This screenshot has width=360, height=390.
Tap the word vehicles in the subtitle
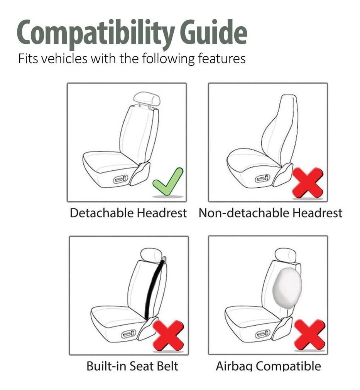click(64, 59)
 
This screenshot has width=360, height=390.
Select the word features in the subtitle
click(222, 59)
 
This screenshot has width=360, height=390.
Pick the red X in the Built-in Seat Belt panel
click(169, 336)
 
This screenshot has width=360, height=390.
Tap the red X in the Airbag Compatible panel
click(310, 335)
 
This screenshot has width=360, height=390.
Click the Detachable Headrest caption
click(128, 213)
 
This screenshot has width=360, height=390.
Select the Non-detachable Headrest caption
click(270, 213)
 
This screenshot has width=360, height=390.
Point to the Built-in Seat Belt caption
click(132, 366)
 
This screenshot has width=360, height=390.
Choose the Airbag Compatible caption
click(269, 366)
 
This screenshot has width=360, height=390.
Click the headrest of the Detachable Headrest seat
click(147, 99)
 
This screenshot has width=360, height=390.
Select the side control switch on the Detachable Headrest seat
click(121, 179)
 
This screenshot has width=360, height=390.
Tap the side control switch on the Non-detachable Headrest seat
click(263, 178)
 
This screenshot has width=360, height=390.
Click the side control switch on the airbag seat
click(263, 333)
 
